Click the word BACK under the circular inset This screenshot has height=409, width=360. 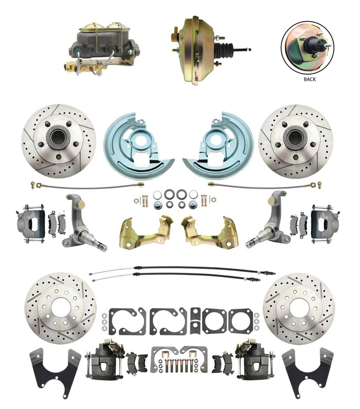[x=310, y=79]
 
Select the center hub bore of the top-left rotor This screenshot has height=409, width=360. [x=57, y=139]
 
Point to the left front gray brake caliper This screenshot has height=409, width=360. [x=30, y=224]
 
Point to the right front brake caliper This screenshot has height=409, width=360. [x=325, y=224]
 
